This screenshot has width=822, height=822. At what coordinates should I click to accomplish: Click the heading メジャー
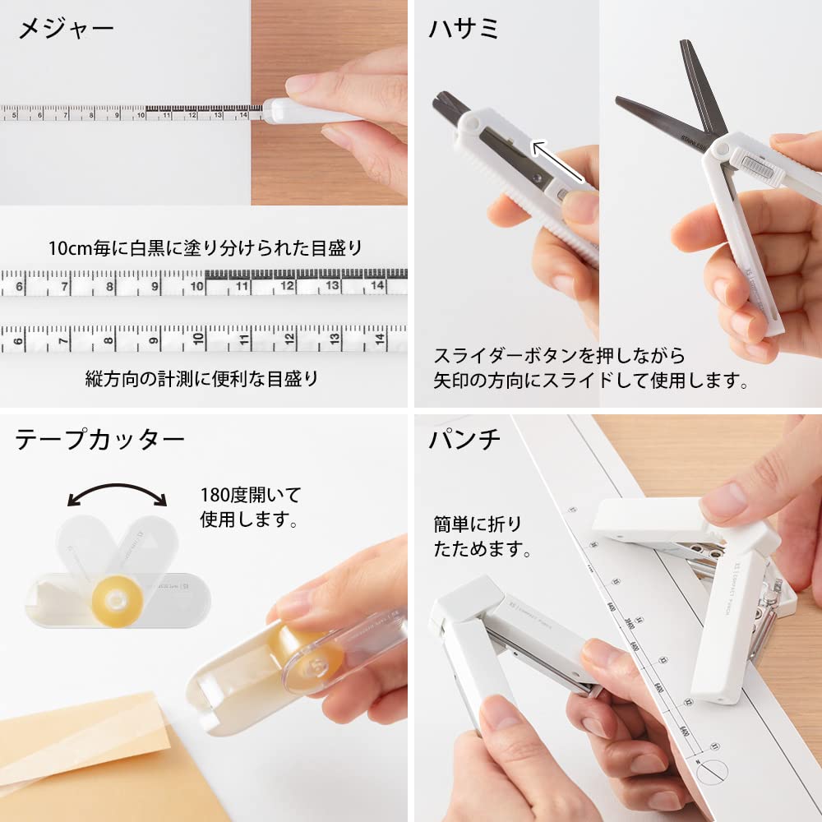tap(66, 30)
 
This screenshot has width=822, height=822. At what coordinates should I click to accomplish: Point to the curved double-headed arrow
tap(117, 493)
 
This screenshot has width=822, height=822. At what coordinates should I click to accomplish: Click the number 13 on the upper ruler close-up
tap(331, 287)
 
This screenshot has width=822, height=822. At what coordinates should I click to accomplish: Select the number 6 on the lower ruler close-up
tap(20, 338)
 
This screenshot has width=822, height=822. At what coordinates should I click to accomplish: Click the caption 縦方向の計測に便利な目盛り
tap(201, 379)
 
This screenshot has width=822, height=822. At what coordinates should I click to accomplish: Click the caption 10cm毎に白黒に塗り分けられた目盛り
tap(205, 247)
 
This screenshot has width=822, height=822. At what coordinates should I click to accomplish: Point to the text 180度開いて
tap(251, 496)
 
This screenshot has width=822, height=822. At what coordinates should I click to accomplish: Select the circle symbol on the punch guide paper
tap(711, 773)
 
